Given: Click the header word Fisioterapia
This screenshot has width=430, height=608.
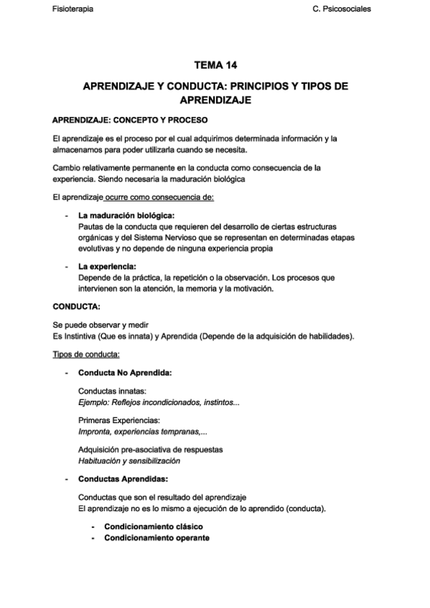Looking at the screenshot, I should click(x=73, y=9).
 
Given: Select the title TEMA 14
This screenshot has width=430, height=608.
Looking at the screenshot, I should click(x=215, y=65).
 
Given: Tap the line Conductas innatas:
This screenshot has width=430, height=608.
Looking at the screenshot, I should click(x=111, y=391).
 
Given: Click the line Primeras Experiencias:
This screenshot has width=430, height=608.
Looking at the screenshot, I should click(x=119, y=421).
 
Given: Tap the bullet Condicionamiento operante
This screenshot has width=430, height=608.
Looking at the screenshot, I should click(x=156, y=538).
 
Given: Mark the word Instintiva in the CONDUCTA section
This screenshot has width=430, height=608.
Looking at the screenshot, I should click(x=90, y=336).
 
